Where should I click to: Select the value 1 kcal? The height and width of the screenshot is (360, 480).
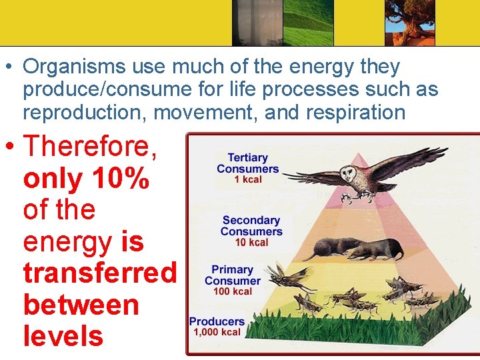click(247, 179)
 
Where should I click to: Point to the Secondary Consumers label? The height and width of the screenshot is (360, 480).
click(251, 225)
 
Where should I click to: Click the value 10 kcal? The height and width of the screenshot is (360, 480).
click(251, 242)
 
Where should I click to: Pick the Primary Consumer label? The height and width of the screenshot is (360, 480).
click(233, 275)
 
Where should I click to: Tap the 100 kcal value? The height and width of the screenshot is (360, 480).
click(233, 291)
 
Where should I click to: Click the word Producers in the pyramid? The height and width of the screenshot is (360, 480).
click(217, 321)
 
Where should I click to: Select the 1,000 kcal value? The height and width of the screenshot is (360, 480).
click(218, 331)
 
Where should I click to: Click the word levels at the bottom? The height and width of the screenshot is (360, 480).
click(63, 336)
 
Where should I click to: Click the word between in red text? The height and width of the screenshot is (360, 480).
click(81, 305)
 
